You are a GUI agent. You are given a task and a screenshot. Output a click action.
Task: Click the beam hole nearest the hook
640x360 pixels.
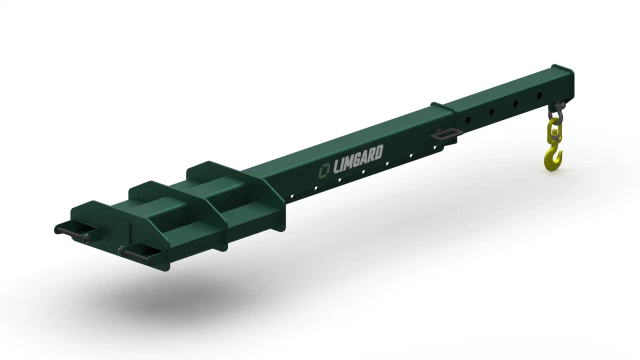point(539,95)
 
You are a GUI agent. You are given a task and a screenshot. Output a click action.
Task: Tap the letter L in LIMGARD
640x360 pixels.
point(337,167)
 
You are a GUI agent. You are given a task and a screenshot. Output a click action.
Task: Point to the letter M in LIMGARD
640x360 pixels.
point(350,162)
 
